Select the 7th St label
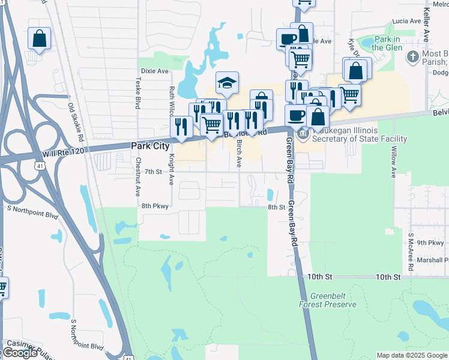[x=153, y=172]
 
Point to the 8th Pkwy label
[x=155, y=206]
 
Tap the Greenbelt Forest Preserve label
[x=328, y=300]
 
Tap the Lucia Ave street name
[x=406, y=21]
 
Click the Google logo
[x=19, y=353]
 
